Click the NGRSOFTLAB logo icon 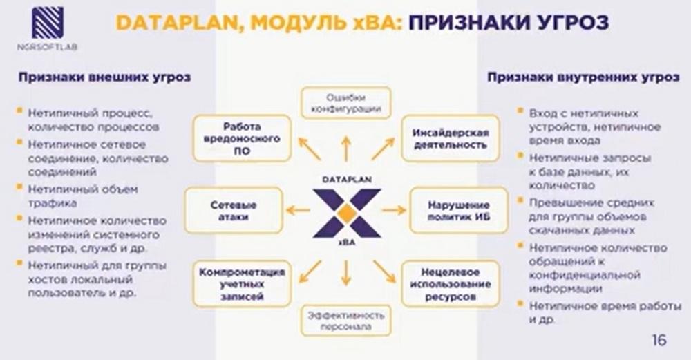[x=48, y=23]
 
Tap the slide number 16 [x=659, y=340]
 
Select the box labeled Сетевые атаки [x=233, y=211]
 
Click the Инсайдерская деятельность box [x=451, y=138]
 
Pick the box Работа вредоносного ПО [x=242, y=138]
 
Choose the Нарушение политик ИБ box [x=459, y=211]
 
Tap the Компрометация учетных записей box [x=242, y=284]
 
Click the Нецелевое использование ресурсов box [x=451, y=284]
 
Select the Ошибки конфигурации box [x=346, y=103]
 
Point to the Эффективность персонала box [x=346, y=321]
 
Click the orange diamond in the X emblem [x=347, y=213]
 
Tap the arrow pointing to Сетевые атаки [x=298, y=210]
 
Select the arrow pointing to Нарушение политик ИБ [x=394, y=210]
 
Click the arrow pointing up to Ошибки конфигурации [x=346, y=149]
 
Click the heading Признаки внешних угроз [x=104, y=77]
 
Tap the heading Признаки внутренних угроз [x=583, y=77]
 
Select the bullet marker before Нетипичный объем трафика [x=19, y=188]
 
